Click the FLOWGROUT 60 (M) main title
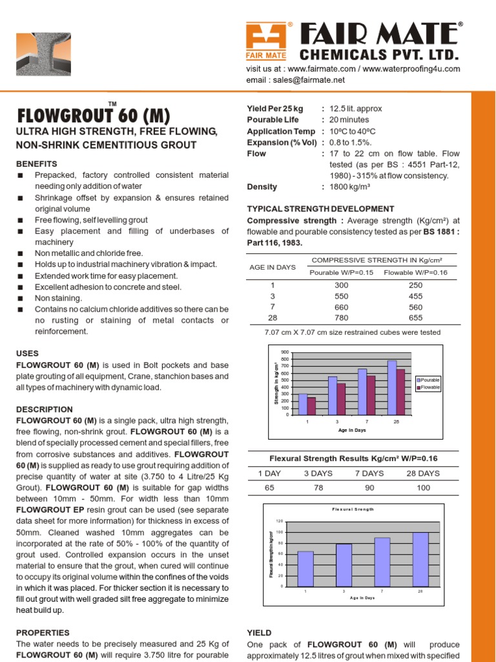click(94, 116)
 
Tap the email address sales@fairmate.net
click(305, 80)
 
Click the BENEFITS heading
click(37, 164)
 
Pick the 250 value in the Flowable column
click(416, 284)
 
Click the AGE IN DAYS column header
click(272, 267)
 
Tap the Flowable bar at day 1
click(311, 405)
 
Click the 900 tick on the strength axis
click(285, 352)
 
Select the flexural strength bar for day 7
click(382, 561)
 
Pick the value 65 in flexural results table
click(270, 487)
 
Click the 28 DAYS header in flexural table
click(423, 473)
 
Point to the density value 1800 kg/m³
click(348, 187)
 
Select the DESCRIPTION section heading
click(45, 409)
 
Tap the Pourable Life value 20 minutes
click(349, 120)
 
